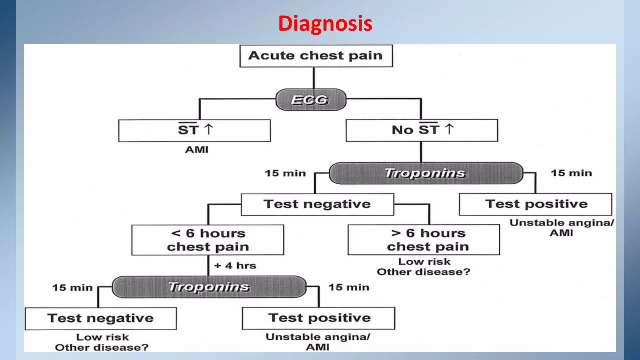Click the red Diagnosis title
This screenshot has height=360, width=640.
coord(325,23)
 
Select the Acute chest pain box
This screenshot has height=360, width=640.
coord(316,56)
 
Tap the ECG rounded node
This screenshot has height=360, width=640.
coord(311,100)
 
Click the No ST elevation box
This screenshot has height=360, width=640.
coord(422,130)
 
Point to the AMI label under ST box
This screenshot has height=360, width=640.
coord(197,150)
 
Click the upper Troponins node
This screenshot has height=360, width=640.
coord(426,173)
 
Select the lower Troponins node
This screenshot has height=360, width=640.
coord(209,287)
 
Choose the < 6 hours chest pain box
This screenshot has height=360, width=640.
coord(208,240)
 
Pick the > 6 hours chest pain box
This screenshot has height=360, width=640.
coord(424,240)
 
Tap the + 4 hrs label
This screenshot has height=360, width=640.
coord(235,266)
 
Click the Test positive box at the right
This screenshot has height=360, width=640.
coord(535,204)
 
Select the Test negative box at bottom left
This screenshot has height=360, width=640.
coord(101,318)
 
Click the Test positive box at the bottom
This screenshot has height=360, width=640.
coord(318,318)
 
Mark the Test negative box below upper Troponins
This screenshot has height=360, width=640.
coord(317,204)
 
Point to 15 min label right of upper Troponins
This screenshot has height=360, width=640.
coord(571,173)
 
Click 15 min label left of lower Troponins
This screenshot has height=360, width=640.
coord(72,287)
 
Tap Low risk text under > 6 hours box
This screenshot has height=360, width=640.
coord(424,262)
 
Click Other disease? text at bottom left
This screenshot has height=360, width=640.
coord(102,347)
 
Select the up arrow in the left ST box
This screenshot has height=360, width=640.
coord(208,129)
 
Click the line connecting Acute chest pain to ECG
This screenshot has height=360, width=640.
coord(314,78)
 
